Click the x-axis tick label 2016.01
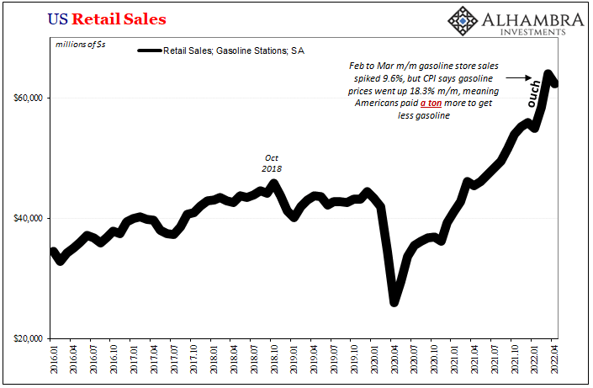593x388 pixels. [53, 361]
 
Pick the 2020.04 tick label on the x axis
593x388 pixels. [394, 361]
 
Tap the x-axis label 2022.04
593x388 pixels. [554, 361]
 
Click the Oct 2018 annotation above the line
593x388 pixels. [271, 162]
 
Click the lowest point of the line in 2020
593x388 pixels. [394, 301]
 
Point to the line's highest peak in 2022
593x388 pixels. [548, 74]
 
